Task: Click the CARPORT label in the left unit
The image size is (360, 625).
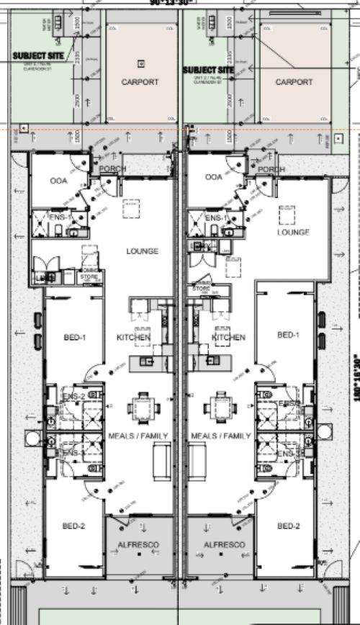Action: click(x=140, y=82)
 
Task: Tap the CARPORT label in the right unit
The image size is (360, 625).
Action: click(x=294, y=82)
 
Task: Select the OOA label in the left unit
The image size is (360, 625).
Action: click(x=59, y=181)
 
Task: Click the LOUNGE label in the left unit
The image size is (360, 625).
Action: click(x=142, y=251)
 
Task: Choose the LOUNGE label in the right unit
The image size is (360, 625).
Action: click(x=294, y=233)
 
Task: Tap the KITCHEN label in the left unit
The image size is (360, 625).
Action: click(x=134, y=337)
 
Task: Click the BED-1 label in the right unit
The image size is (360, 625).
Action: click(x=288, y=335)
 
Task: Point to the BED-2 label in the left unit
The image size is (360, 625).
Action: click(x=73, y=526)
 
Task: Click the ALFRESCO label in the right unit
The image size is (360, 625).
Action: click(x=225, y=545)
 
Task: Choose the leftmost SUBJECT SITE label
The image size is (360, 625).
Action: click(x=34, y=55)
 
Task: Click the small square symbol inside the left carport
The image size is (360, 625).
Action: click(x=140, y=62)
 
